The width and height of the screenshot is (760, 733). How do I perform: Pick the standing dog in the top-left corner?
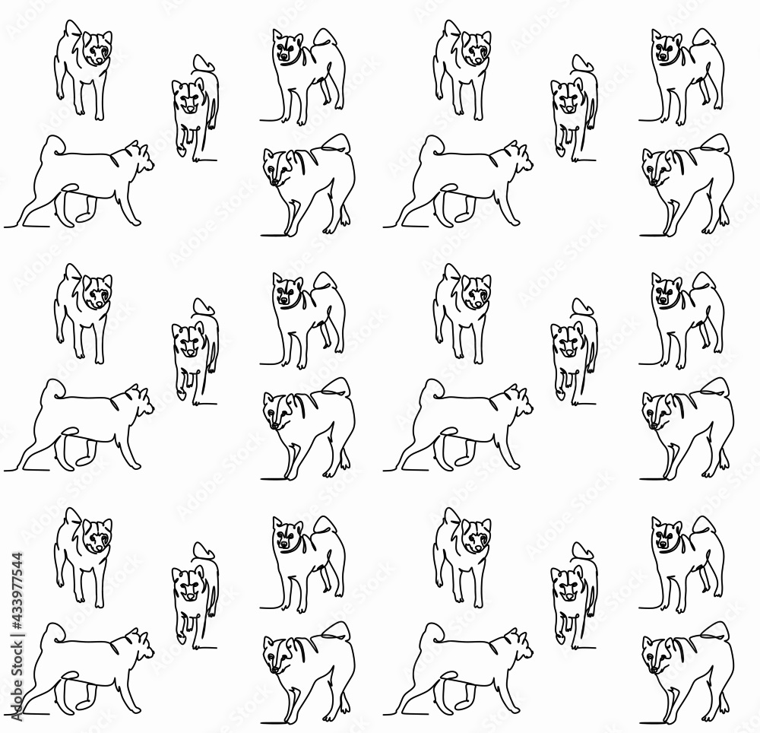point(84,68)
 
